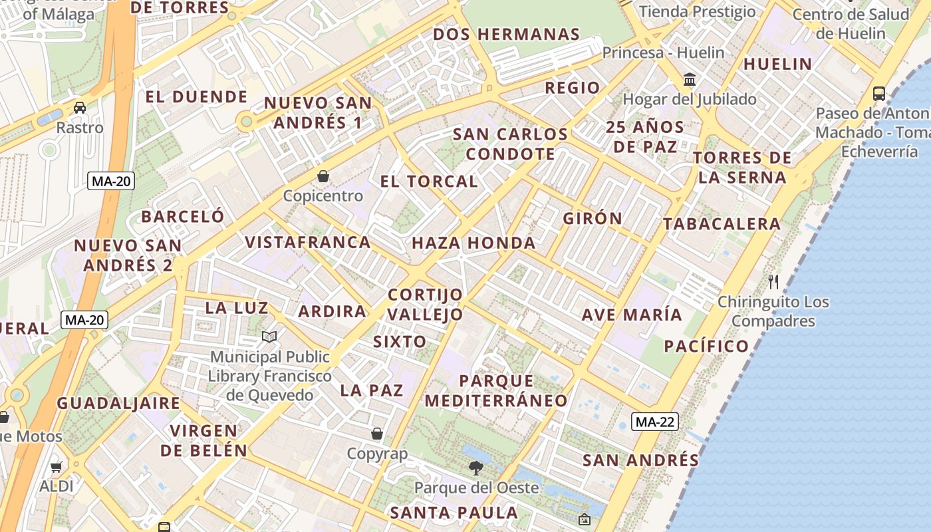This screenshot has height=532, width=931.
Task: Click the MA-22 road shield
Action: [x=654, y=422]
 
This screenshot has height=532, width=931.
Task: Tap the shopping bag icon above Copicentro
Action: [x=323, y=176]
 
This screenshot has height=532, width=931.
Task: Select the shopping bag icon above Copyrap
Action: [x=377, y=434]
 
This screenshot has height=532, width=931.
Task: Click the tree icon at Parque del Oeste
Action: [x=475, y=468]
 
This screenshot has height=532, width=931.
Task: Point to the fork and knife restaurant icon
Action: [x=773, y=282]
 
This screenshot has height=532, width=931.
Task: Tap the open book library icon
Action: [x=269, y=337]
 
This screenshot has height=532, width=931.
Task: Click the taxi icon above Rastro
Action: [x=80, y=108]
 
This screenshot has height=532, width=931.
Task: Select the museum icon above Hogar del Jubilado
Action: [x=690, y=80]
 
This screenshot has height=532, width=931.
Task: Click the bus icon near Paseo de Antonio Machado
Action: [x=879, y=94]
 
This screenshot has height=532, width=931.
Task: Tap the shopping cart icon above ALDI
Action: [x=57, y=467]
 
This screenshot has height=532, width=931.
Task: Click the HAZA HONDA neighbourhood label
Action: [x=473, y=243]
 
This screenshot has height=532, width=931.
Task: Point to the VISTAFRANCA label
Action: [x=308, y=242]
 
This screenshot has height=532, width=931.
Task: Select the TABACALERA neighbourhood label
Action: [x=722, y=224]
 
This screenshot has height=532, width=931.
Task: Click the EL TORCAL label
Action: [x=429, y=181]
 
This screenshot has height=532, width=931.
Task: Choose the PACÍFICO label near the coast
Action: [x=706, y=346]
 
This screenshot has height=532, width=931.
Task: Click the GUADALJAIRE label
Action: [x=118, y=403]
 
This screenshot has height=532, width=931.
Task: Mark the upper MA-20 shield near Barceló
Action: [x=111, y=181]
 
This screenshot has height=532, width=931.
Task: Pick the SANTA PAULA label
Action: [x=454, y=513]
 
